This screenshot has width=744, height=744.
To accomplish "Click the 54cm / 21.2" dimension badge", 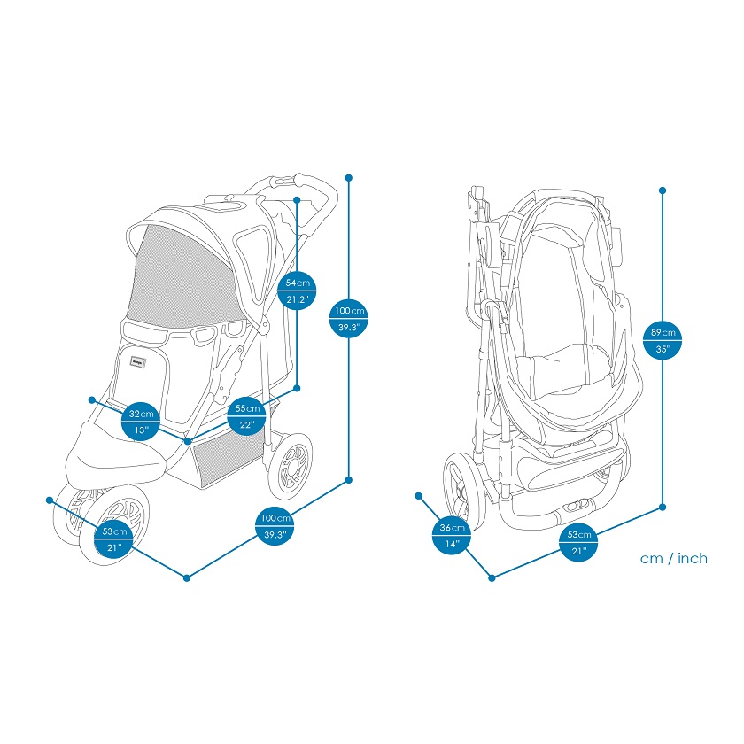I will tap(297, 291).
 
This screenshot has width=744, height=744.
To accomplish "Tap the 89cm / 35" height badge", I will tap(663, 340).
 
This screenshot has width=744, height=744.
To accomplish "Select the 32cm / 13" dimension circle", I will tap(142, 422).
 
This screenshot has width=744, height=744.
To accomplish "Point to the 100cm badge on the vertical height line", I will tap(349, 319).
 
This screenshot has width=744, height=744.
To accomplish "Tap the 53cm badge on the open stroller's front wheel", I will tap(114, 540).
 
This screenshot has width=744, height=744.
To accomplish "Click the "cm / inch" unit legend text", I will tap(674, 558).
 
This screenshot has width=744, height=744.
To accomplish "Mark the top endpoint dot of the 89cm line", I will tap(663, 190).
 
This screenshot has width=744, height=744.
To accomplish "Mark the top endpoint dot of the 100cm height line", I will tap(349, 178).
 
